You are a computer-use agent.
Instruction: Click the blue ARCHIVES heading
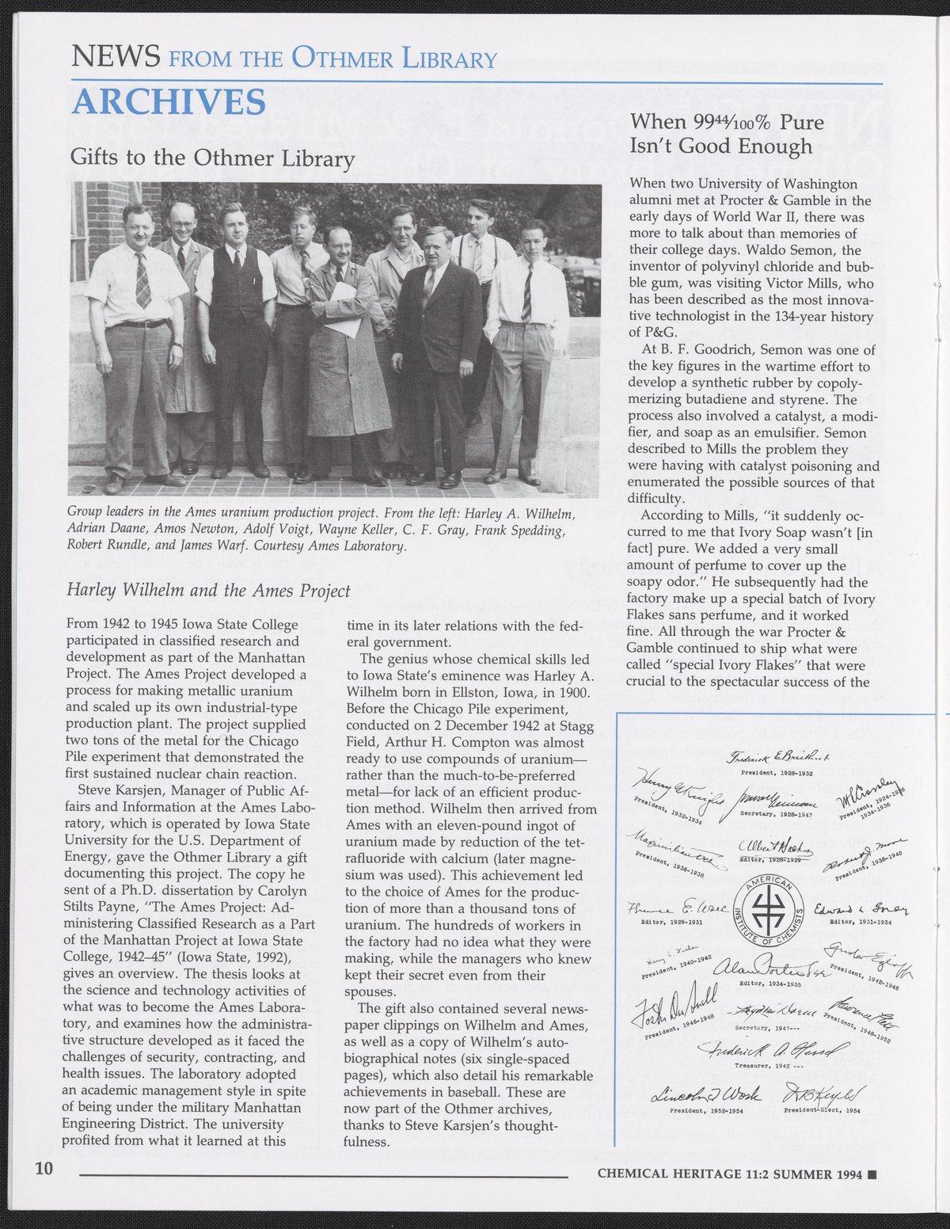point(169,102)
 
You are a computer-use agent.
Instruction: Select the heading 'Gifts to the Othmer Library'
point(212,158)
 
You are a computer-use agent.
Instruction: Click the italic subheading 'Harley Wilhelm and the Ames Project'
point(208,591)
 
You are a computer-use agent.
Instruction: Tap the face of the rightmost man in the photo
point(533,238)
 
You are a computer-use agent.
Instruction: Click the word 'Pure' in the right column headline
point(801,123)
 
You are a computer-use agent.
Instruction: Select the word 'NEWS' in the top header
point(116,57)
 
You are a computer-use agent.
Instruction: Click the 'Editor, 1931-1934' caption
point(860,922)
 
